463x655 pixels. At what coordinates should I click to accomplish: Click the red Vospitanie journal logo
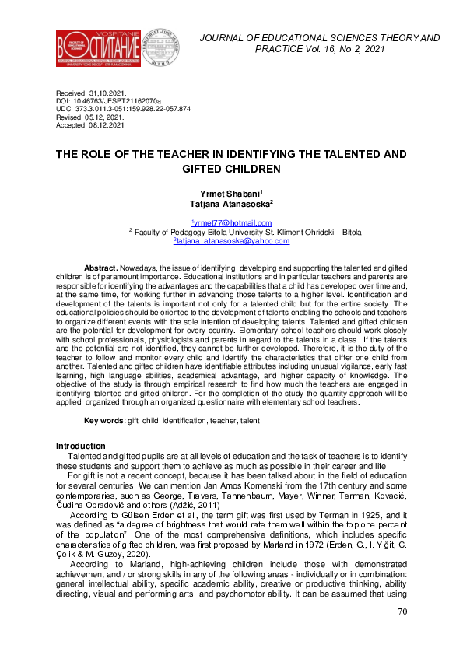click(90, 48)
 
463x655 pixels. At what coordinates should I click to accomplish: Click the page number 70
click(402, 634)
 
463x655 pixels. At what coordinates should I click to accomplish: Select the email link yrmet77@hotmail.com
click(231, 222)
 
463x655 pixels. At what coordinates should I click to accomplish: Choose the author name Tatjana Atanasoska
click(231, 204)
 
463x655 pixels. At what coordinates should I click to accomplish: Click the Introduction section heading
click(81, 446)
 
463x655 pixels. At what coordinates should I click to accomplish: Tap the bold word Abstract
click(101, 266)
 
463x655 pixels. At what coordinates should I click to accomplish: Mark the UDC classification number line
click(123, 109)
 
